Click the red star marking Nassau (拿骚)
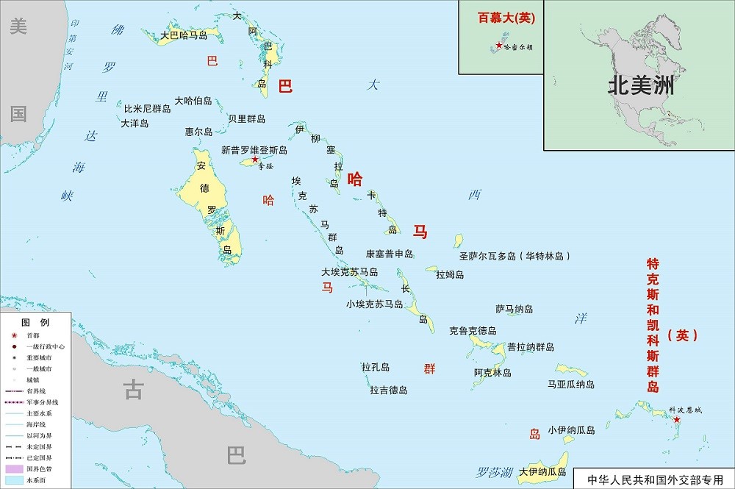tap(254, 159)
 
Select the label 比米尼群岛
tap(147, 108)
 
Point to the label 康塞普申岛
tap(390, 254)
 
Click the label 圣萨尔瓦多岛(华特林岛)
tap(514, 257)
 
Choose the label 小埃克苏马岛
tap(375, 304)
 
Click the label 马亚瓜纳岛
tap(571, 384)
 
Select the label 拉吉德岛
tap(389, 390)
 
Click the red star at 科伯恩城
tap(677, 419)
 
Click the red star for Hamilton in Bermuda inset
tap(500, 46)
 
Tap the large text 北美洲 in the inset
tap(640, 86)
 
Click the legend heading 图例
tap(35, 323)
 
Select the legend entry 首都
tap(35, 335)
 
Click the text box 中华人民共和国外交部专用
tap(655, 479)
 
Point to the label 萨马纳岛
tap(514, 309)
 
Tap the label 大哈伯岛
tap(193, 100)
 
